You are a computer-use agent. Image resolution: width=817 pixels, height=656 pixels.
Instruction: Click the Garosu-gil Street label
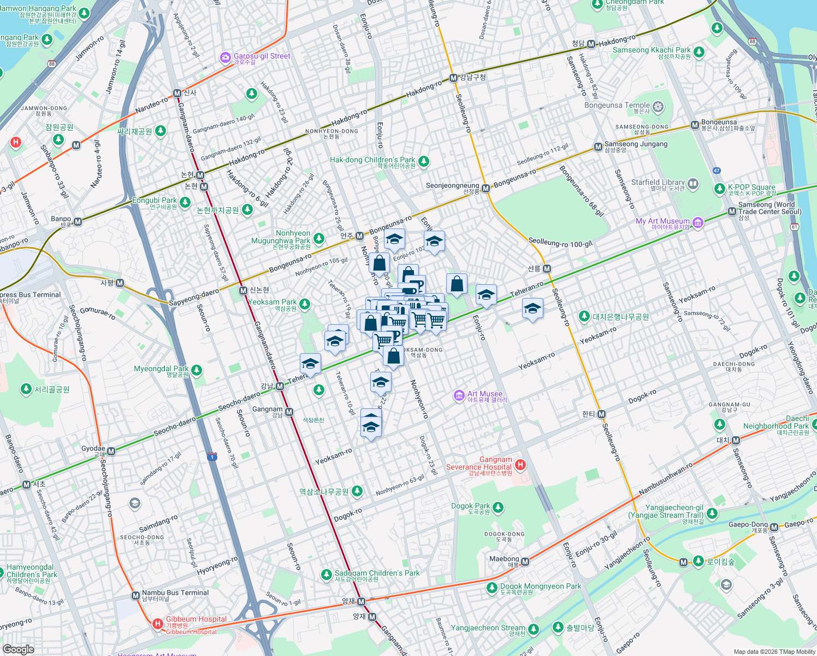coord(262,56)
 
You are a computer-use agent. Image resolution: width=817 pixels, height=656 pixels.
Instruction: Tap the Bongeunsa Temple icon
coord(659,107)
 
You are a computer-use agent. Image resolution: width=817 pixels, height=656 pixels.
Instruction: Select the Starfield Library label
coord(658,183)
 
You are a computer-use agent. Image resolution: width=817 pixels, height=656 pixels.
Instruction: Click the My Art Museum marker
coord(697,222)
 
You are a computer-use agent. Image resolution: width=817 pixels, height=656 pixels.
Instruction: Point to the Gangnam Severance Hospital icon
coord(520,465)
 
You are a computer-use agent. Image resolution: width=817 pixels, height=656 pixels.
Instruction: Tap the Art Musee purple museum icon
coord(459,395)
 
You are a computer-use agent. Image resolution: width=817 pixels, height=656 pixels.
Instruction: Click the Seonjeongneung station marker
coord(486,188)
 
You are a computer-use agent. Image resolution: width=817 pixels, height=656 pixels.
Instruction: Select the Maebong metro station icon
coord(525,561)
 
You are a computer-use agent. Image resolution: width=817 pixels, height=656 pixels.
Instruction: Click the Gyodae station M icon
coord(111,451)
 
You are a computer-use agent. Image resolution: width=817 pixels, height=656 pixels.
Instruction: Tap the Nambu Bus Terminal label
coord(175,593)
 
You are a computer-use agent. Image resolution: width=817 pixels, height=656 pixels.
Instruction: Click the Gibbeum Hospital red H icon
coord(157,623)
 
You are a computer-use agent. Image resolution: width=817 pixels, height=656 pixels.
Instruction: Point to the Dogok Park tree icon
coord(498,508)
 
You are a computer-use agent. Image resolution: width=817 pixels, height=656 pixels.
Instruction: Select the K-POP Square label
coord(751,187)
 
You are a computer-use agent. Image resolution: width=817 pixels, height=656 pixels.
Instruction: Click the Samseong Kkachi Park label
coord(652,50)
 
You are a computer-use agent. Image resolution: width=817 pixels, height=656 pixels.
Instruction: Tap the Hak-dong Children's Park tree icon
coord(424,161)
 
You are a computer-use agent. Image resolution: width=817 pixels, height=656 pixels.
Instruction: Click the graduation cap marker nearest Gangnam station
coord(310,364)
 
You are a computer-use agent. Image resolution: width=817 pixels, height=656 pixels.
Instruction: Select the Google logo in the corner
coord(18,649)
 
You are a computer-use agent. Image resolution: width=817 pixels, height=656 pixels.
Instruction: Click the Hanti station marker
coord(601,414)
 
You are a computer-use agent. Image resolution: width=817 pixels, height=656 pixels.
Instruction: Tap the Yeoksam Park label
coord(272,302)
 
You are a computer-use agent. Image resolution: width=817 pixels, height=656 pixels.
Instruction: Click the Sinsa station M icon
coord(177,93)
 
